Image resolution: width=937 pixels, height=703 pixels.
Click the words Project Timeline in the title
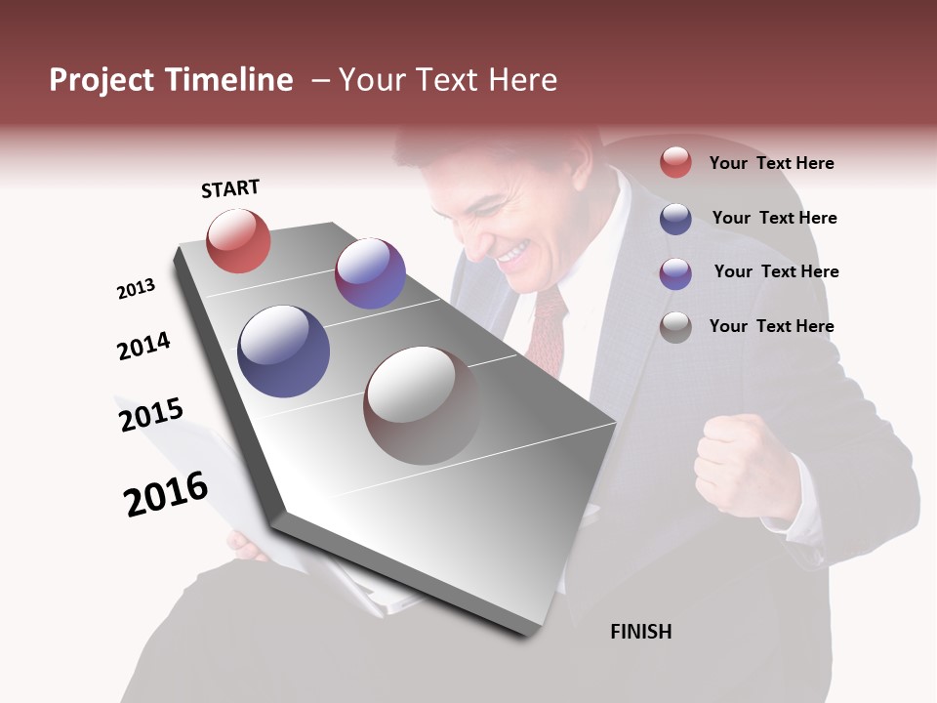[171, 80]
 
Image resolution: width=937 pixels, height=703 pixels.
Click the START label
[230, 188]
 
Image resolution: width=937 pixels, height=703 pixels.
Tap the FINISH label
[640, 632]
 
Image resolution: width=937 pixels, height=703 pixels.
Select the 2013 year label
[136, 289]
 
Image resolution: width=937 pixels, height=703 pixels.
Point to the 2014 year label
[143, 347]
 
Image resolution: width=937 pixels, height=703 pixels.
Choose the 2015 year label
[151, 415]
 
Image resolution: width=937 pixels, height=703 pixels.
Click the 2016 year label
[166, 494]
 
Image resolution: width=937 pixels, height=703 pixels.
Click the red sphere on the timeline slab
[238, 241]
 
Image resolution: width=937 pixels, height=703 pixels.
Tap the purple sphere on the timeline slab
[370, 273]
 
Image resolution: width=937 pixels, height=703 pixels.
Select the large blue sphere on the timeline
[284, 351]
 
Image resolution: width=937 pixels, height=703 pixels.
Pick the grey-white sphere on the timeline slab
[422, 404]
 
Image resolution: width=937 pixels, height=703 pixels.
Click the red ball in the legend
[675, 163]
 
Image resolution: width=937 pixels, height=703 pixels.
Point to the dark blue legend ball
[675, 219]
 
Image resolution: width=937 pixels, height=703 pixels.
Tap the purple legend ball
[675, 272]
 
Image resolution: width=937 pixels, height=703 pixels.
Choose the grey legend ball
[675, 327]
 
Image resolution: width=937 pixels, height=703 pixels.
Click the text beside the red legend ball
[771, 163]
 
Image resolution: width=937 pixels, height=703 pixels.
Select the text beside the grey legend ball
[771, 326]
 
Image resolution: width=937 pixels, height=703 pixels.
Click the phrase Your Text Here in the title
[448, 80]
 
